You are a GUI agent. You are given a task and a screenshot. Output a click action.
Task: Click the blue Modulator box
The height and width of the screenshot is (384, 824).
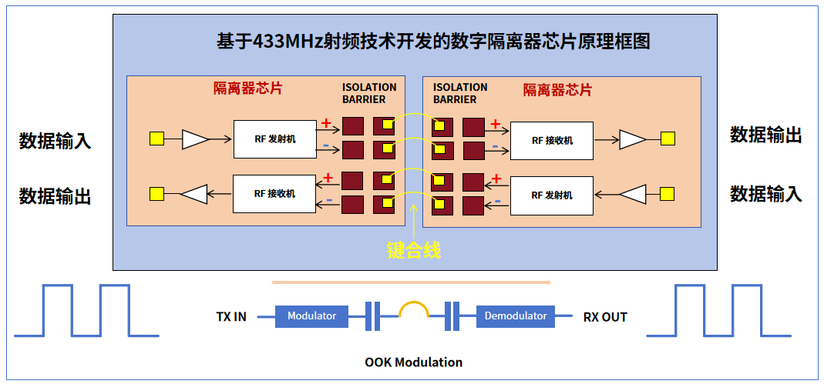(311, 316)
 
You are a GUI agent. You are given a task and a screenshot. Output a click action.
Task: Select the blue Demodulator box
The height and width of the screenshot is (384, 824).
(516, 316)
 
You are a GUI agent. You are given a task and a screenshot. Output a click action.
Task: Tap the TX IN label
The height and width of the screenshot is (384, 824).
(231, 316)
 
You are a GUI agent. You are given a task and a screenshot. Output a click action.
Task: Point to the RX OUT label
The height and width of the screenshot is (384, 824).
(605, 316)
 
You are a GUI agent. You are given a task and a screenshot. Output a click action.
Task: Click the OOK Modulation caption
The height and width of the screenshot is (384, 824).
(413, 362)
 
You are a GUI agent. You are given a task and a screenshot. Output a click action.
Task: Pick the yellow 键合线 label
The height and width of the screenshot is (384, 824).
(413, 250)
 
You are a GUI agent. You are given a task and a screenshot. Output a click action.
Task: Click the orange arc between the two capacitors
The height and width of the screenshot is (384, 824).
(413, 308)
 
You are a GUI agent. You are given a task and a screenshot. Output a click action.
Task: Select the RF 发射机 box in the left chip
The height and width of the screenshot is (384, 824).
(274, 139)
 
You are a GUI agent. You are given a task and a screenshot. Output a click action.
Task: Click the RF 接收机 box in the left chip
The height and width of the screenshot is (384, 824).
(274, 193)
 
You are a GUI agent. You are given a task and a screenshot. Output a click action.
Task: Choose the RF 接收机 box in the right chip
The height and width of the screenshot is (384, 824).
(552, 140)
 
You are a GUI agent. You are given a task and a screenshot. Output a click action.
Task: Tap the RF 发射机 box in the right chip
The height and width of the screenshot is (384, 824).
(552, 195)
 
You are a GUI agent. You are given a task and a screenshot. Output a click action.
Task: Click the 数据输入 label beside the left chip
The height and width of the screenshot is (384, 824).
(55, 141)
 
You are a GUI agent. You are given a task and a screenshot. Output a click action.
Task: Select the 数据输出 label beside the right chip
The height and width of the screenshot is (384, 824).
(765, 135)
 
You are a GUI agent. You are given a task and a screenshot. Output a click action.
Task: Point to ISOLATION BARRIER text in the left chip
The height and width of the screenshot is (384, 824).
(369, 93)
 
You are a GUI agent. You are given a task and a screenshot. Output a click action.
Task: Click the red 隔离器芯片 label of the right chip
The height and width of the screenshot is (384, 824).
(557, 90)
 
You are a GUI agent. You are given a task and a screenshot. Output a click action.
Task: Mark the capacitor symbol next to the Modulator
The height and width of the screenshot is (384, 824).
(372, 316)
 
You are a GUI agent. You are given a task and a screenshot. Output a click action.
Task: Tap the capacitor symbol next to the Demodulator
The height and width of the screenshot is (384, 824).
(452, 316)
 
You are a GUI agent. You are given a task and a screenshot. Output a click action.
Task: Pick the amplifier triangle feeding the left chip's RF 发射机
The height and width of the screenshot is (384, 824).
(195, 139)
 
